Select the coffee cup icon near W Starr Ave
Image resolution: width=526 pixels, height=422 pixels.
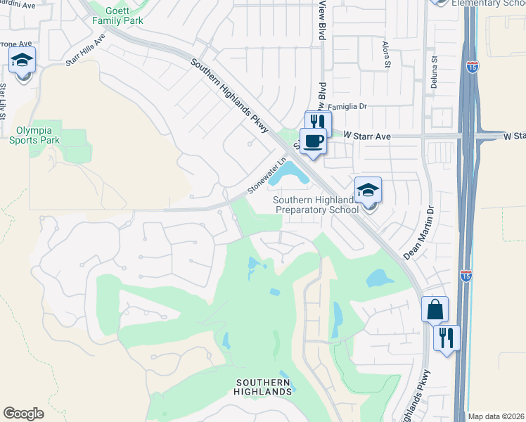[313, 141]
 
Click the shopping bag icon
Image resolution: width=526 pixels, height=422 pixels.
[435, 309]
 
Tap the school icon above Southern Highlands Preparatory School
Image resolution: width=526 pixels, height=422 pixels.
[368, 190]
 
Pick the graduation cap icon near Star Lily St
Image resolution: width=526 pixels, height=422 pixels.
[23, 61]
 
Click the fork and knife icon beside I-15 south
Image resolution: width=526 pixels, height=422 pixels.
[447, 338]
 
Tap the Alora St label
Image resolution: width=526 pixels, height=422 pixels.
[386, 54]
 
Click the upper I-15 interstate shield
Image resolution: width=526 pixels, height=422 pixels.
[473, 68]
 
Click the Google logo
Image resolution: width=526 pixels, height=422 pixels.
[24, 414]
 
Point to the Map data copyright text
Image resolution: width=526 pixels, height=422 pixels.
[496, 416]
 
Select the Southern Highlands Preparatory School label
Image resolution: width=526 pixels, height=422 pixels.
[316, 205]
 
